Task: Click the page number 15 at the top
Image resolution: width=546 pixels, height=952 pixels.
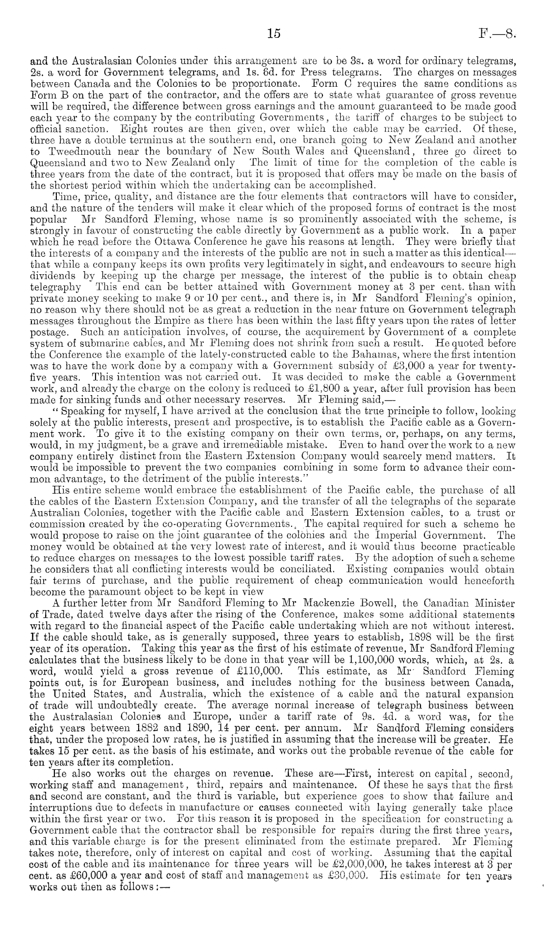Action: point(273,33)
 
